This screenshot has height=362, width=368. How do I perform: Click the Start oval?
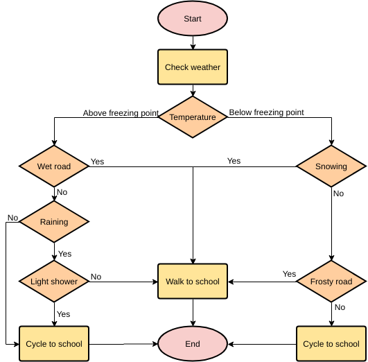pos(193,19)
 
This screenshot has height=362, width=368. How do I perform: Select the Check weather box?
pos(193,67)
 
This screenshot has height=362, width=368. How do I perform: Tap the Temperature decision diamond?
pos(193,117)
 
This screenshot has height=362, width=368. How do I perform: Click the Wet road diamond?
pos(54,166)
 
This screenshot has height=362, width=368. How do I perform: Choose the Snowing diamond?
pos(331,166)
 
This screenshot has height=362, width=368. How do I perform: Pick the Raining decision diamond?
pos(54,222)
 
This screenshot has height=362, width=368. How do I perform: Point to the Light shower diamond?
pos(54,282)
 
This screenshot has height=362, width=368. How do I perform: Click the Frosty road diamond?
pos(331,282)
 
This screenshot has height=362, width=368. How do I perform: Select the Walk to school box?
pos(193,282)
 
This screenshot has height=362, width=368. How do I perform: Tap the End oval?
pos(193,344)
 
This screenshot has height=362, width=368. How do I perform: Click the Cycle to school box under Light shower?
pos(54,344)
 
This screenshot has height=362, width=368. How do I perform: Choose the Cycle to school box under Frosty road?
pos(331,344)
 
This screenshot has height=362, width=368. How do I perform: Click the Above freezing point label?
pos(121,113)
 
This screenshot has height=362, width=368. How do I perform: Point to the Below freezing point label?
pos(267,112)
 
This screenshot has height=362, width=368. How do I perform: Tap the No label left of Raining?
pos(12,218)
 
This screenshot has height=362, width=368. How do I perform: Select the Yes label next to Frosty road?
pos(289,274)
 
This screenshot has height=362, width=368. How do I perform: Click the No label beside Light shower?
pos(96,277)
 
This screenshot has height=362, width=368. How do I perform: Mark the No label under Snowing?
pos(338,193)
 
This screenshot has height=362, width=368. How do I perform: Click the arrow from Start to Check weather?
pos(193,43)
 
